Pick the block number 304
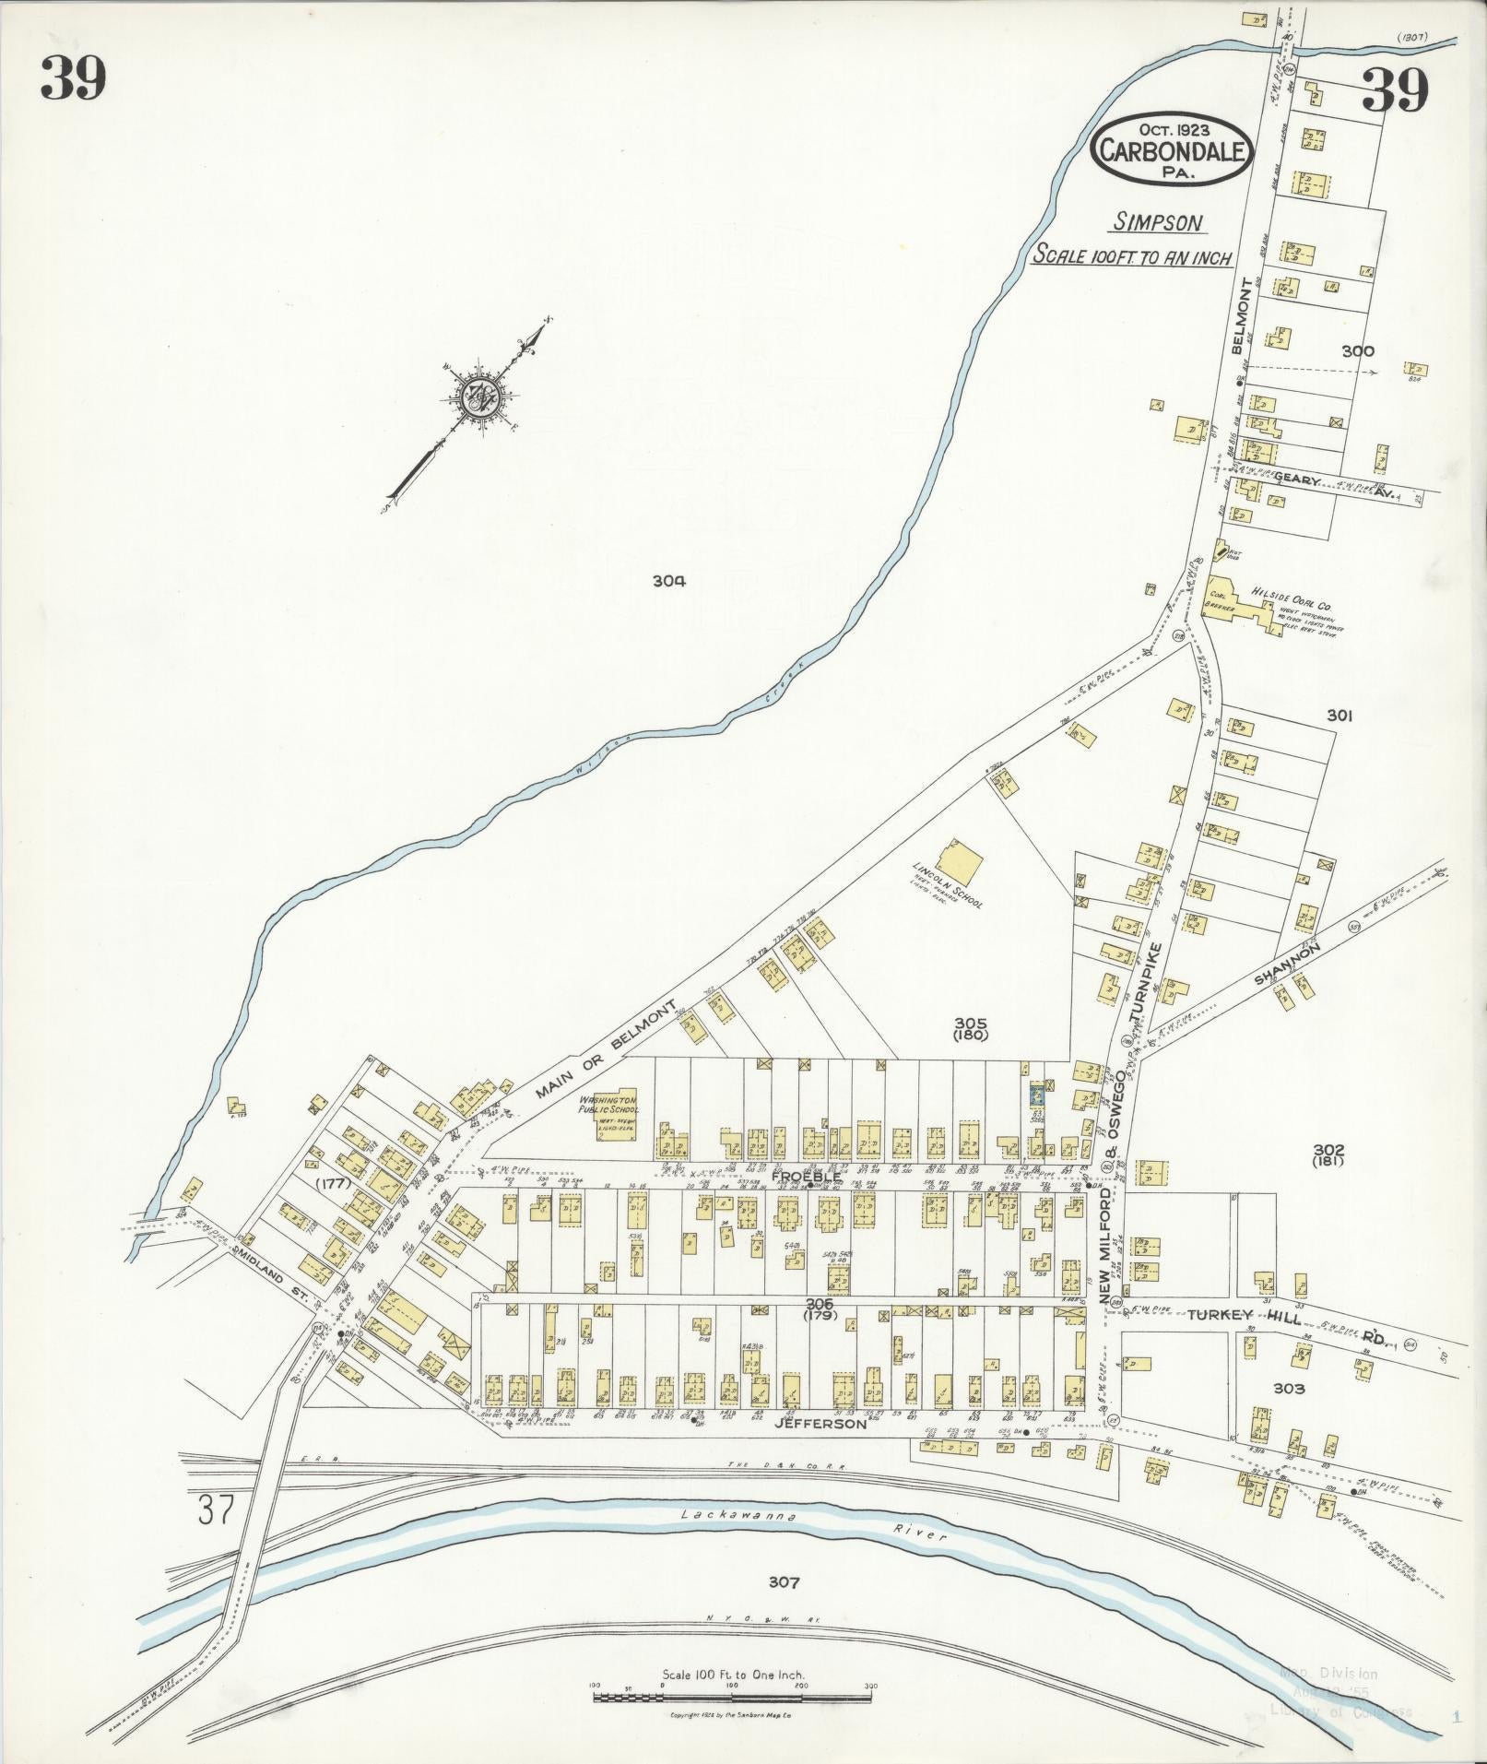click(669, 581)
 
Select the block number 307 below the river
click(782, 1583)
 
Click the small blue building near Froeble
click(1036, 1096)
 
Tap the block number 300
click(1357, 350)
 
